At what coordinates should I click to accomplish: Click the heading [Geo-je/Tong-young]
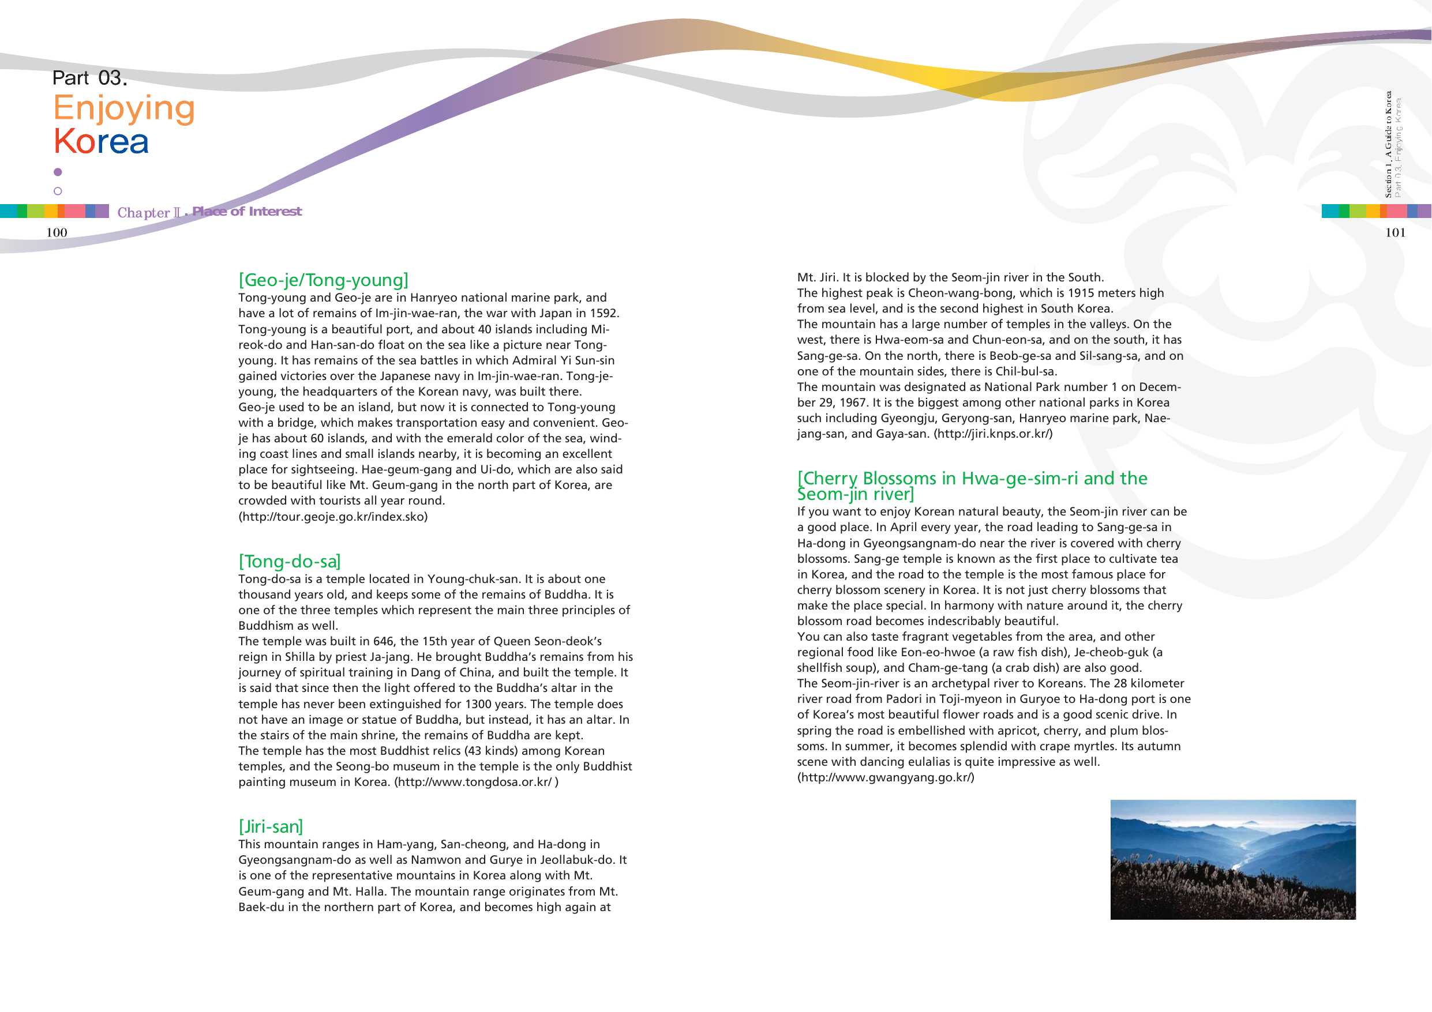(x=323, y=280)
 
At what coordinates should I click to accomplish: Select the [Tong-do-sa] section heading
(x=290, y=561)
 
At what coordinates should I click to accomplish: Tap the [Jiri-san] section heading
(x=270, y=826)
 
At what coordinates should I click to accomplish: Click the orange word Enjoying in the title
(x=124, y=108)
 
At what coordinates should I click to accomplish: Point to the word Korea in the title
(x=101, y=141)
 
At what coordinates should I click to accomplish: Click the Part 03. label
(x=89, y=78)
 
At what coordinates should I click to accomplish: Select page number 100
(x=57, y=232)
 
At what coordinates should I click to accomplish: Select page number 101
(x=1395, y=232)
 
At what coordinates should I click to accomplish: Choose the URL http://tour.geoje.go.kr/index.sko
(x=333, y=517)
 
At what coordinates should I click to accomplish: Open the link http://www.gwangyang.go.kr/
(x=885, y=777)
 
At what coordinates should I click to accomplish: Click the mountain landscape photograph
(x=1232, y=859)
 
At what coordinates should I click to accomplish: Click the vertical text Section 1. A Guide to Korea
(x=1388, y=145)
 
